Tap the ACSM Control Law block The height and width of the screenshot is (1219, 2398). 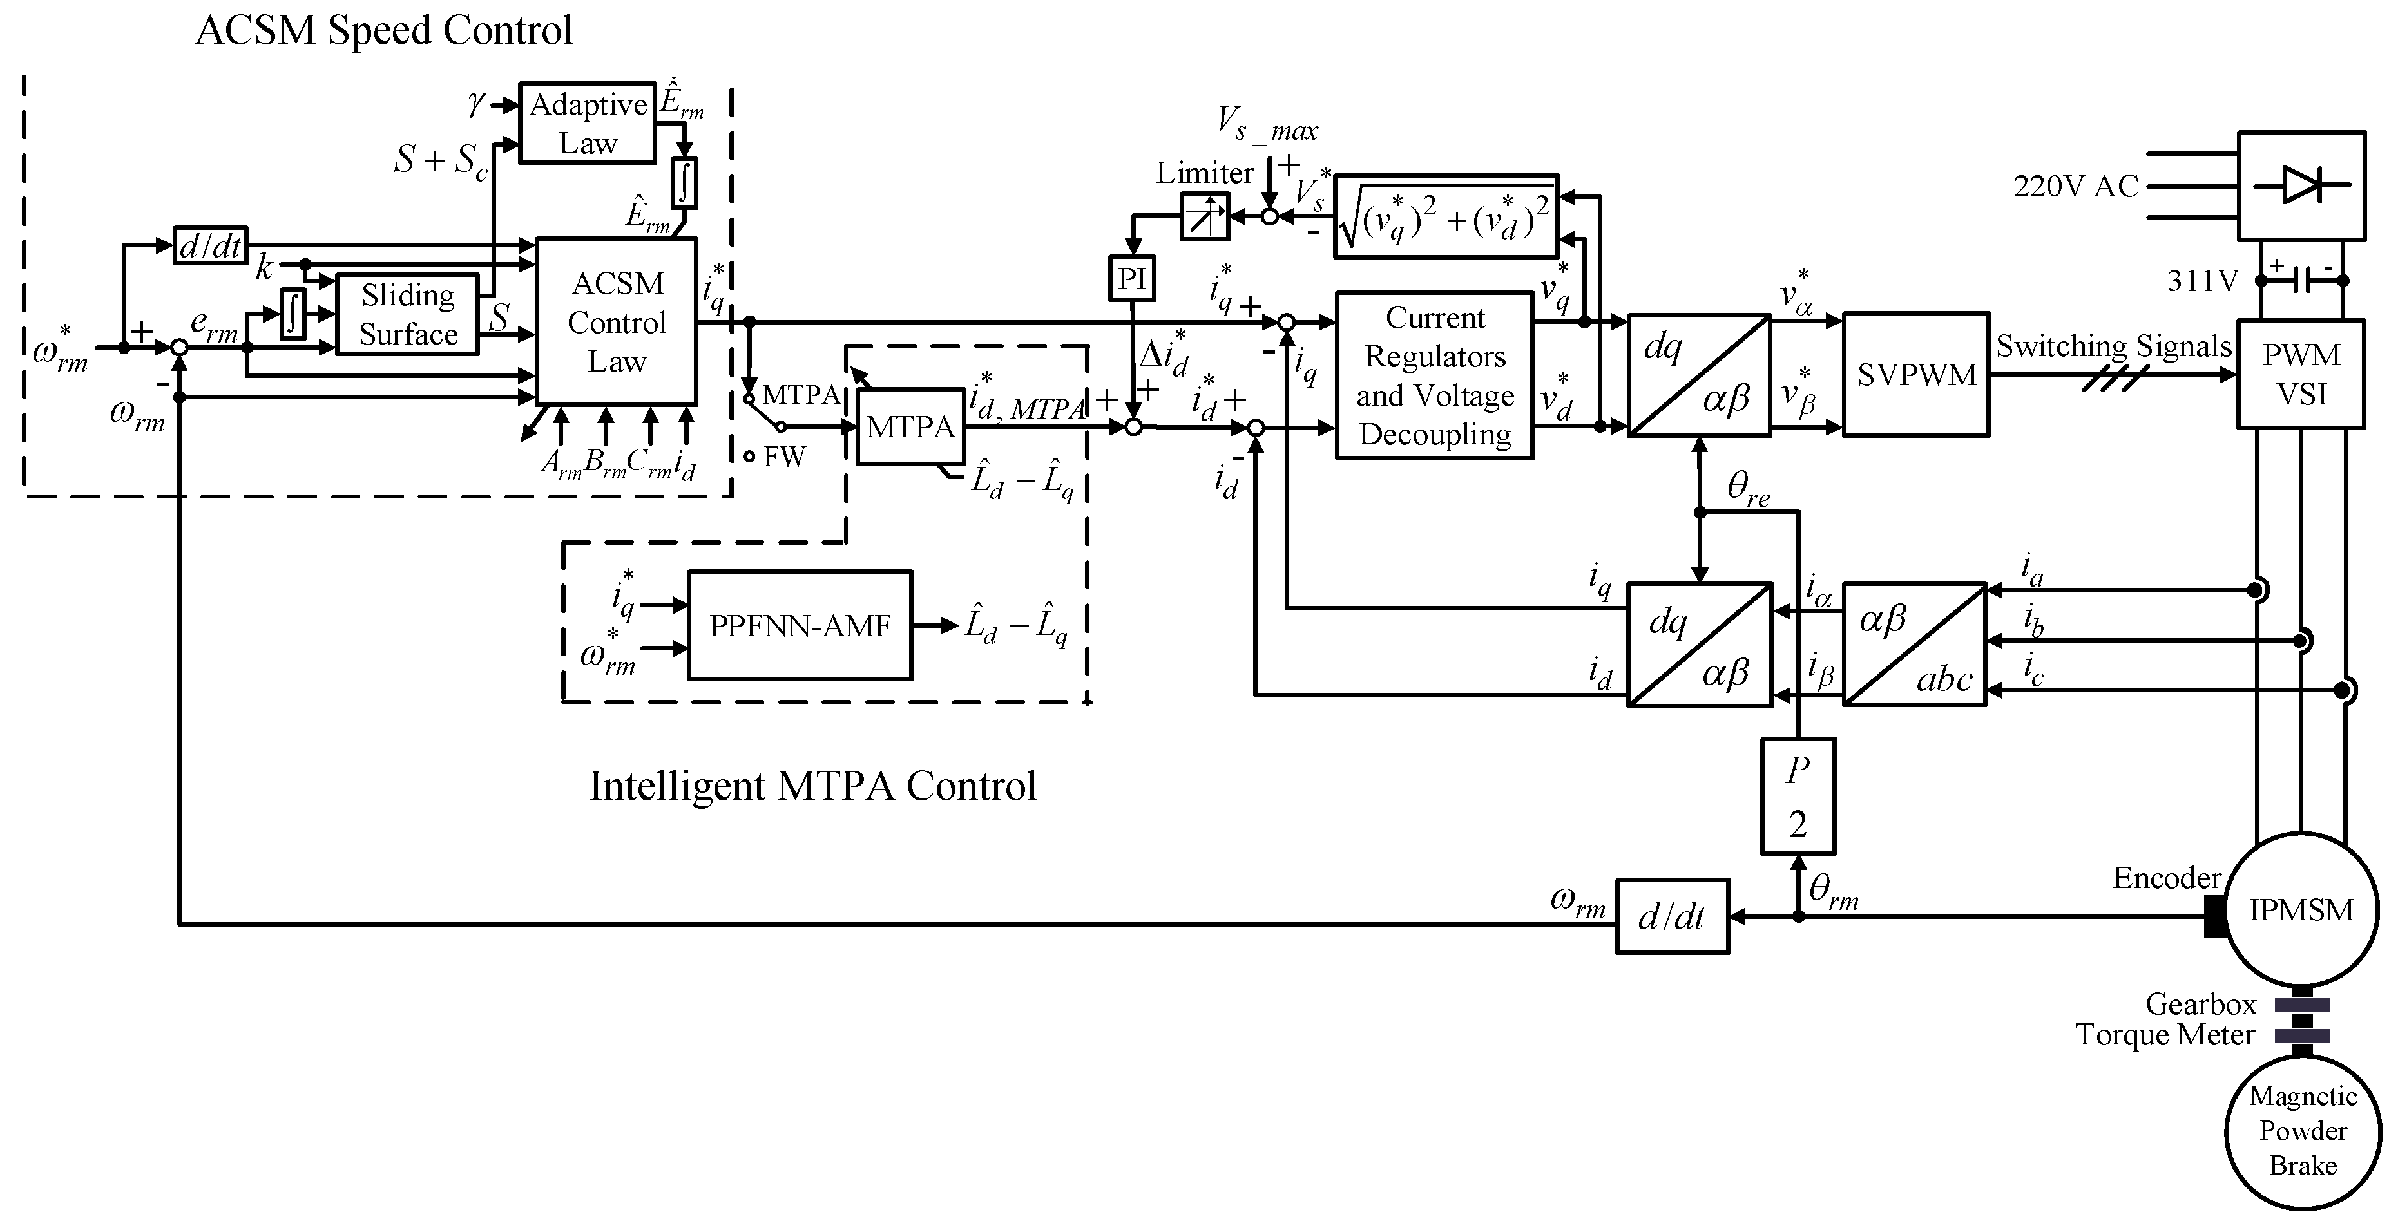point(617,322)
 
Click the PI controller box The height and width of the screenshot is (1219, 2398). point(1132,278)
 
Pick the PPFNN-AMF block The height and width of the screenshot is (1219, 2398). point(800,625)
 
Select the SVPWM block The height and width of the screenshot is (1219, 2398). point(1916,374)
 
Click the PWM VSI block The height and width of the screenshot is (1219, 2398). point(2300,374)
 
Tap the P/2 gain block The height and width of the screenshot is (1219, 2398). point(1798,796)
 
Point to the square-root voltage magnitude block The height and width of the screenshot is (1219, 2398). point(1446,216)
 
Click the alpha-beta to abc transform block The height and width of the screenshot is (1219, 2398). point(1915,645)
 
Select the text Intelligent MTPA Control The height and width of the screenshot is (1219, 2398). point(812,786)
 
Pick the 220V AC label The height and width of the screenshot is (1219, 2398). point(2075,186)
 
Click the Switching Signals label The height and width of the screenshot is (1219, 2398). point(2113,346)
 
